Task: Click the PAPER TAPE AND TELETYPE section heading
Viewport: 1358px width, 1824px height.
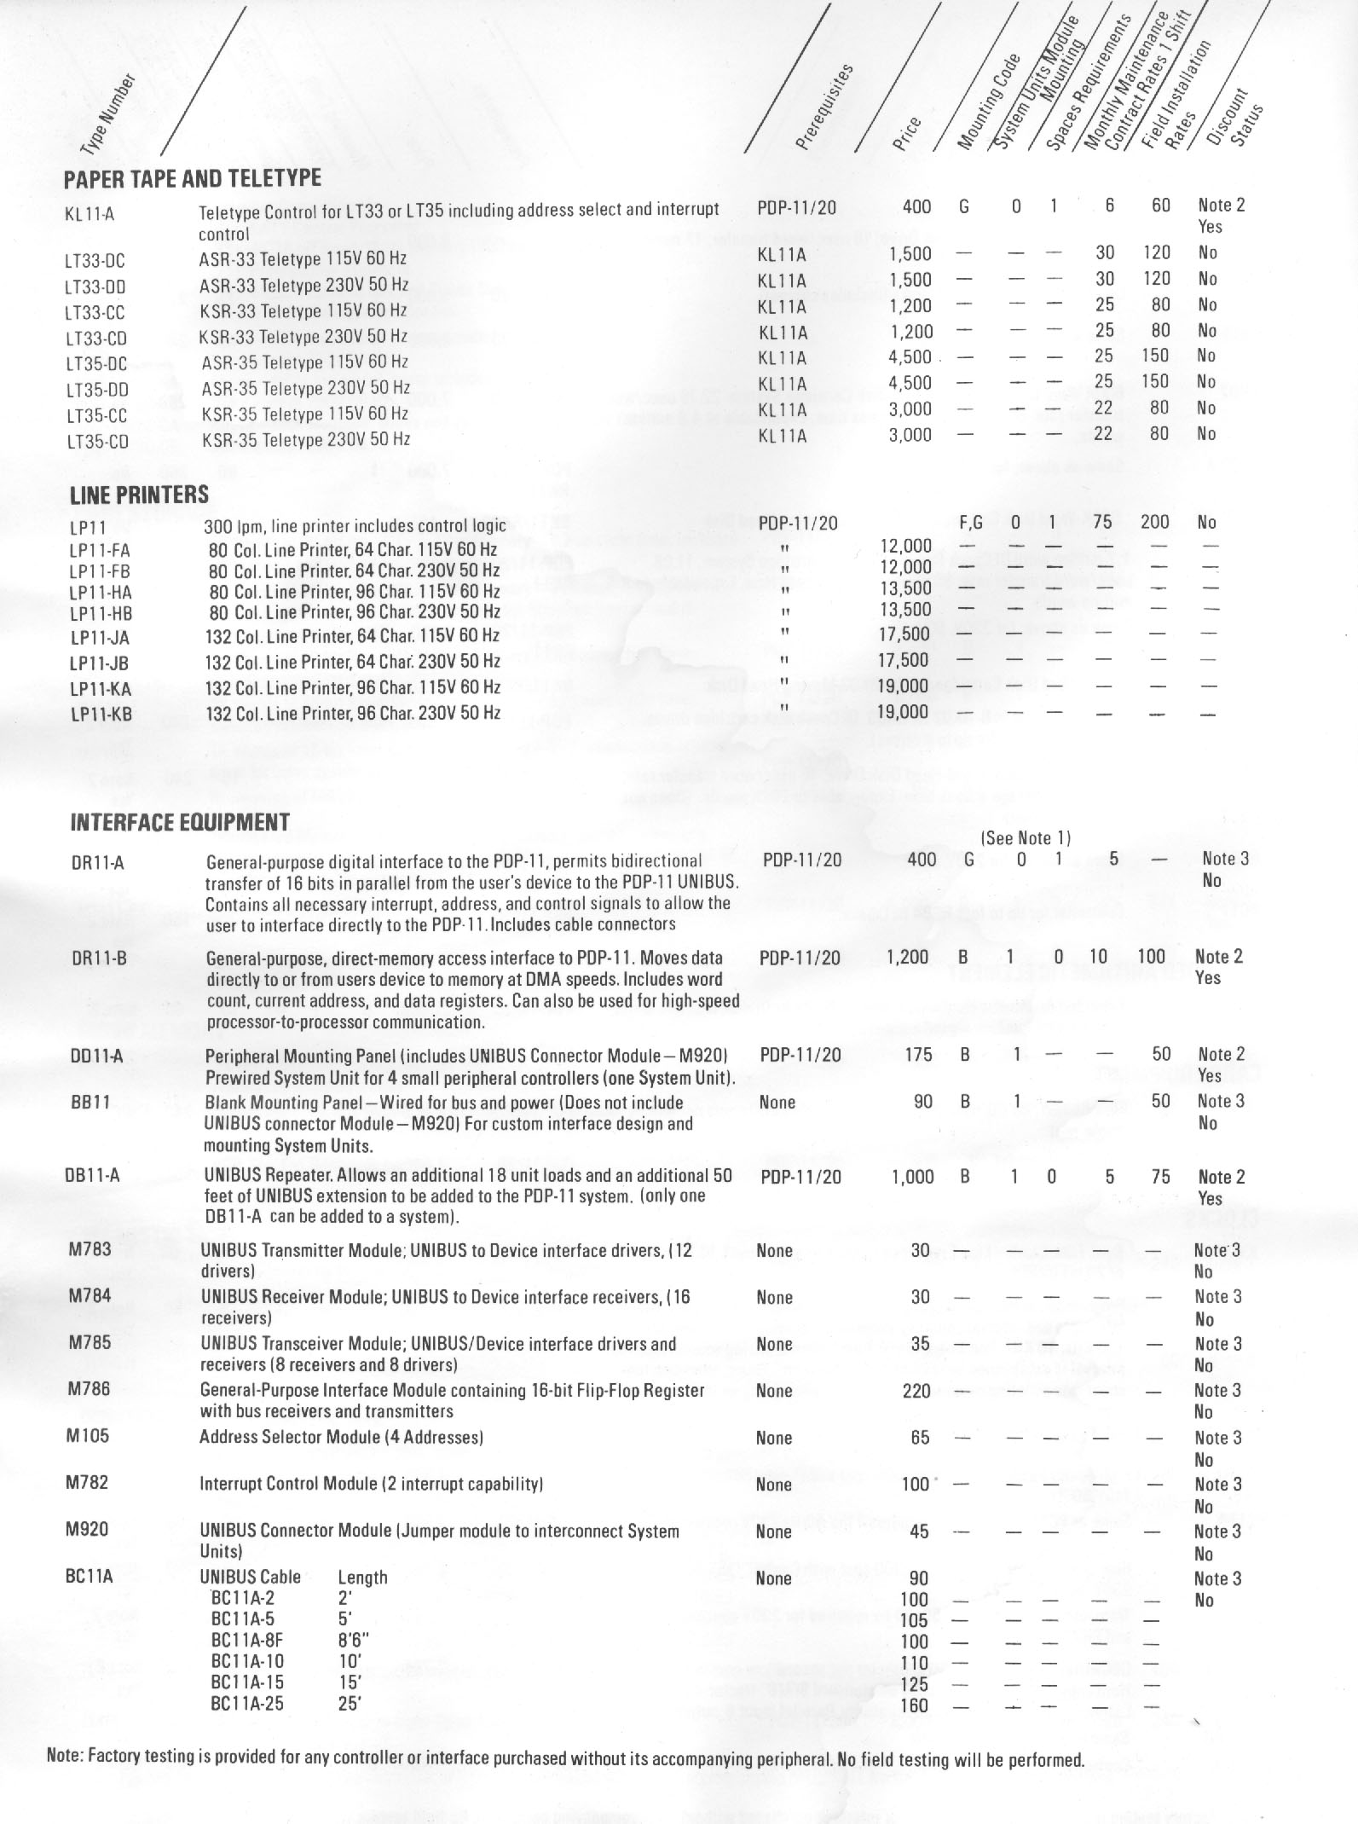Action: pyautogui.click(x=193, y=178)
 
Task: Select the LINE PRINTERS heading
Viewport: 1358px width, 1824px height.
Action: pyautogui.click(x=139, y=495)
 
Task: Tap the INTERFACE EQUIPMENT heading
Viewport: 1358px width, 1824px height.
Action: pyautogui.click(x=179, y=823)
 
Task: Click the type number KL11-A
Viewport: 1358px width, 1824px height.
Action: pyautogui.click(x=89, y=213)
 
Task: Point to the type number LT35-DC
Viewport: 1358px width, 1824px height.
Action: pyautogui.click(x=95, y=364)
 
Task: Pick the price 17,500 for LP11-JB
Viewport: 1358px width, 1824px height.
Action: pyautogui.click(x=904, y=659)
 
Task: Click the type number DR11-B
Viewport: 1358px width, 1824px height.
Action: pyautogui.click(x=99, y=958)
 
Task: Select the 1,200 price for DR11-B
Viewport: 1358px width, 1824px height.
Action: pyautogui.click(x=908, y=957)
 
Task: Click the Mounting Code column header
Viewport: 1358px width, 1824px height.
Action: pyautogui.click(x=989, y=102)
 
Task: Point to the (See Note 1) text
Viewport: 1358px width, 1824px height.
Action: pyautogui.click(x=1026, y=838)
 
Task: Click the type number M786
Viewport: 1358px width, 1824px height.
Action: pyautogui.click(x=89, y=1389)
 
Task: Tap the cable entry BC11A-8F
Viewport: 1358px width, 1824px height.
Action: pyautogui.click(x=247, y=1641)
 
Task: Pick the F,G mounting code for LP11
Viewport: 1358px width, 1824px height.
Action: pyautogui.click(x=971, y=523)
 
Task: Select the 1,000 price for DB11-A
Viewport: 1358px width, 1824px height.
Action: pyautogui.click(x=912, y=1177)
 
